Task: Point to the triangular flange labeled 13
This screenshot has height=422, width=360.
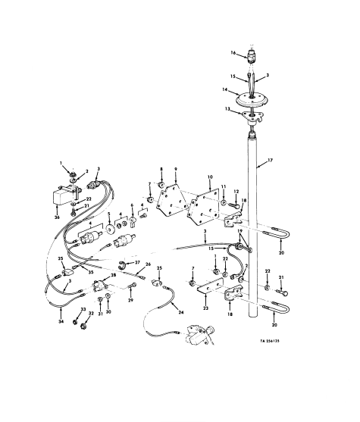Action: coord(249,116)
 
